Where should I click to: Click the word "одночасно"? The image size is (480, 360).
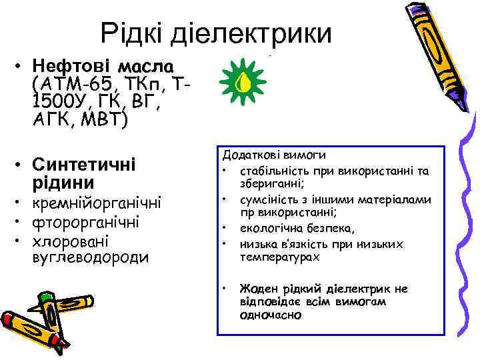(270, 315)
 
